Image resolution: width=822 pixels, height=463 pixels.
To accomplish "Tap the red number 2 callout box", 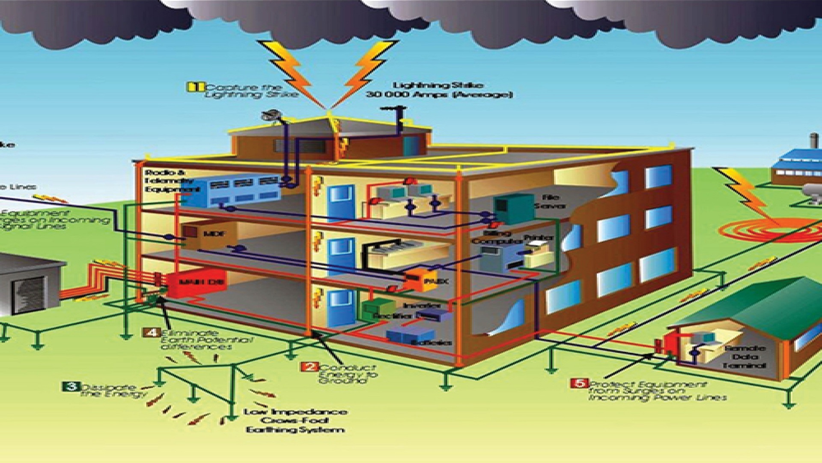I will pos(309,367).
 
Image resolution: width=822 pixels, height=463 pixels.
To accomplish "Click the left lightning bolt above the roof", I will pos(291,69).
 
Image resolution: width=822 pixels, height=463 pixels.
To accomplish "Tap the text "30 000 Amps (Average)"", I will pos(439,95).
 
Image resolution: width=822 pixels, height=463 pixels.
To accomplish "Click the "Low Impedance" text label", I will pos(295,412).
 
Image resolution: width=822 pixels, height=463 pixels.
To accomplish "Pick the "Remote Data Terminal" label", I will pos(743,357).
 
